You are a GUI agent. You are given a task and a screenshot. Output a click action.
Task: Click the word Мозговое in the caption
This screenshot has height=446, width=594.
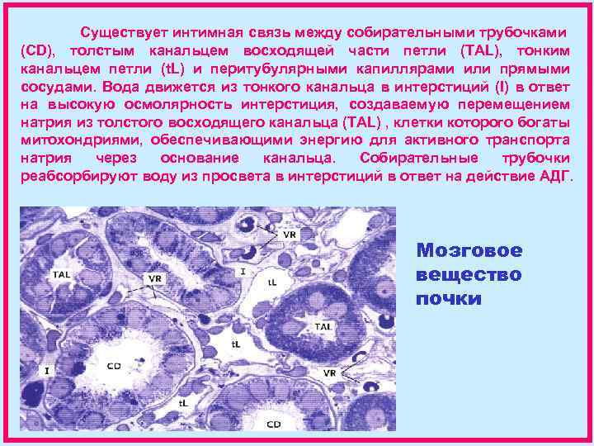(x=469, y=250)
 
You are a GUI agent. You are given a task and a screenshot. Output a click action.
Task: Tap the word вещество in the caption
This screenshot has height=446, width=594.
(x=469, y=274)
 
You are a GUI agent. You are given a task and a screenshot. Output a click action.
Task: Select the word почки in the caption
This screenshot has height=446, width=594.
(x=449, y=298)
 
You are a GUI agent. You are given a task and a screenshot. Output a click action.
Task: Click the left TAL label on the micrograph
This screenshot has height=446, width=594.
(x=61, y=273)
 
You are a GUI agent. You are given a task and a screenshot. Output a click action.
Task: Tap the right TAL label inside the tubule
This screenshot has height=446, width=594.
(x=323, y=327)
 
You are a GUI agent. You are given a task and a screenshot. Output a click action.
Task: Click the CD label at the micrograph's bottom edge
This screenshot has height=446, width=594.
(x=274, y=424)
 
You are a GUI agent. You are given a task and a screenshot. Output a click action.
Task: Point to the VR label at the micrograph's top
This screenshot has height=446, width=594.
(x=289, y=235)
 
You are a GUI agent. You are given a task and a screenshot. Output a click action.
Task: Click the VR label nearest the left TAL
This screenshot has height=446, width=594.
(x=154, y=278)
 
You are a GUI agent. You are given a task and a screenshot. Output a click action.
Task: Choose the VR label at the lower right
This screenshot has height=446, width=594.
(x=329, y=372)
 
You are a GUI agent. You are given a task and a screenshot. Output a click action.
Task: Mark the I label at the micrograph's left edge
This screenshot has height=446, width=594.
(x=47, y=371)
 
